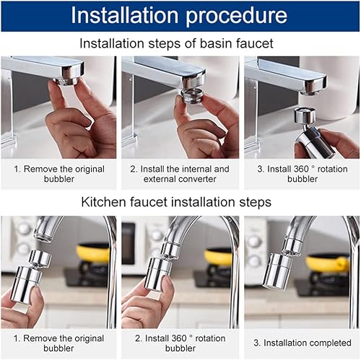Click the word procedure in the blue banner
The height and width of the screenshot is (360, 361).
[x=237, y=17]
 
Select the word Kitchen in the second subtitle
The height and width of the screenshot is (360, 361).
[x=104, y=202]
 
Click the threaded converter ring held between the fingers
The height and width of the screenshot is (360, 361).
[x=192, y=96]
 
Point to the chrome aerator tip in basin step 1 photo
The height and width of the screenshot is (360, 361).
[x=65, y=82]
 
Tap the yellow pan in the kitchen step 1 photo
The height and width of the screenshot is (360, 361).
[x=93, y=253]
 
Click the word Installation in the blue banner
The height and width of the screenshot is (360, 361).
[x=124, y=15]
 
